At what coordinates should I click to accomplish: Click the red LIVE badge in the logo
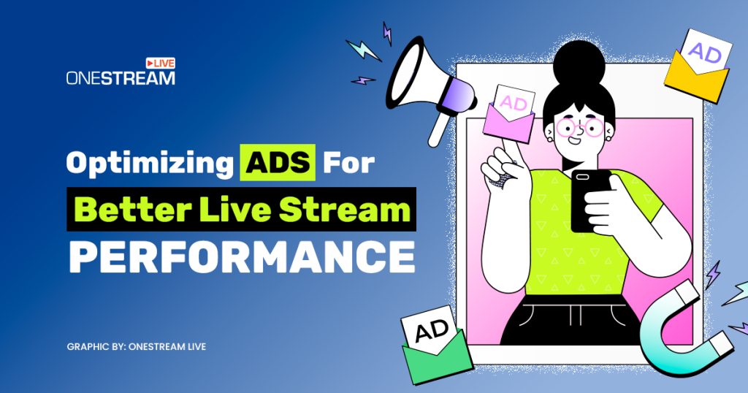click(161, 64)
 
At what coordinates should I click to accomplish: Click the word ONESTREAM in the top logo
click(121, 77)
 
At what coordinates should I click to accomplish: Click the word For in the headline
click(348, 163)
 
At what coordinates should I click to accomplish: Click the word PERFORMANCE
click(242, 256)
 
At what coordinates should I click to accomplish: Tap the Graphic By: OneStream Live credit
click(136, 346)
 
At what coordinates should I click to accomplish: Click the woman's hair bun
click(580, 59)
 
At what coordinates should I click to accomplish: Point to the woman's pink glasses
click(581, 129)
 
